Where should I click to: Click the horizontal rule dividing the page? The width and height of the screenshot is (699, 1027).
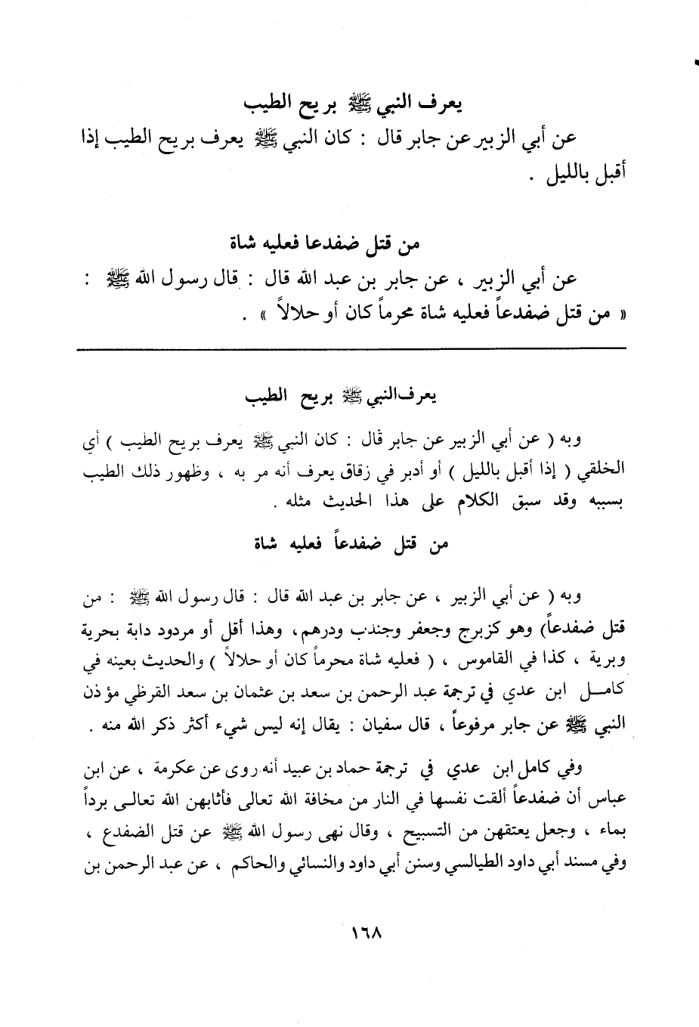coord(351,348)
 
